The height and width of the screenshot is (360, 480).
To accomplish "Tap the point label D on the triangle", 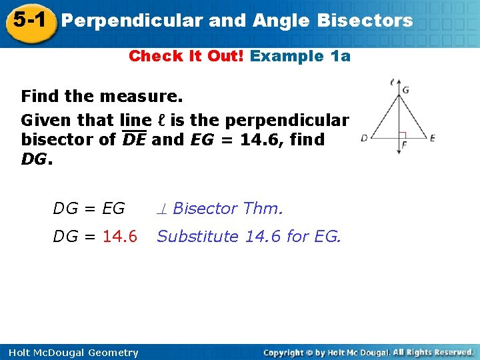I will (x=364, y=139).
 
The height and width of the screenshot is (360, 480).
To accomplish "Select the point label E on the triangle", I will (x=433, y=138).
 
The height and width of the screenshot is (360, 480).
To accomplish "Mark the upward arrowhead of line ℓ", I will (x=399, y=83).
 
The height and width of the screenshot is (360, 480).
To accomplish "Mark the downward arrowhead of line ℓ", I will (x=399, y=153).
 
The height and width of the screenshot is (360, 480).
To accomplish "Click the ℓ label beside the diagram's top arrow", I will (x=392, y=83).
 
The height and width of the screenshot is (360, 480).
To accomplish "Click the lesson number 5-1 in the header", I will (x=28, y=19).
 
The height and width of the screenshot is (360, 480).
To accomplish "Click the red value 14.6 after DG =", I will (x=120, y=236).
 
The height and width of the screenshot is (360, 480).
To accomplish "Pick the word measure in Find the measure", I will (x=141, y=97).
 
